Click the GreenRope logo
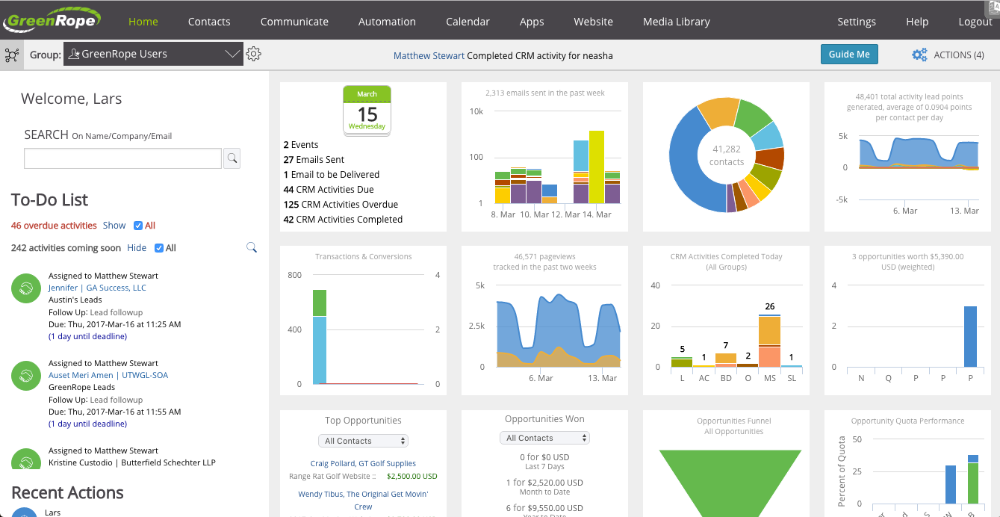pyautogui.click(x=52, y=19)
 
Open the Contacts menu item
pyautogui.click(x=209, y=22)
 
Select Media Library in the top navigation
pyautogui.click(x=676, y=22)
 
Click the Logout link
pyautogui.click(x=975, y=22)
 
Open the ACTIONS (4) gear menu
pyautogui.click(x=948, y=55)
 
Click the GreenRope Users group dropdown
pyautogui.click(x=153, y=54)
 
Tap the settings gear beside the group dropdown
pyautogui.click(x=254, y=54)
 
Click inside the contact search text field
pyautogui.click(x=122, y=158)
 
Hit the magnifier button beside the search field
pyautogui.click(x=232, y=158)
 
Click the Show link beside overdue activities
pyautogui.click(x=114, y=226)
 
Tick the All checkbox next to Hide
pyautogui.click(x=159, y=248)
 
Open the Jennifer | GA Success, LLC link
pyautogui.click(x=97, y=288)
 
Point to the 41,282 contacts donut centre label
pyautogui.click(x=726, y=155)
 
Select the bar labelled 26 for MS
pyautogui.click(x=769, y=341)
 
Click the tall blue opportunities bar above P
pyautogui.click(x=970, y=336)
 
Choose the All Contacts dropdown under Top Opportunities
pyautogui.click(x=363, y=441)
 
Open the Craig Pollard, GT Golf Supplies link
pyautogui.click(x=363, y=463)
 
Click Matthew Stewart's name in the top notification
pyautogui.click(x=429, y=56)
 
